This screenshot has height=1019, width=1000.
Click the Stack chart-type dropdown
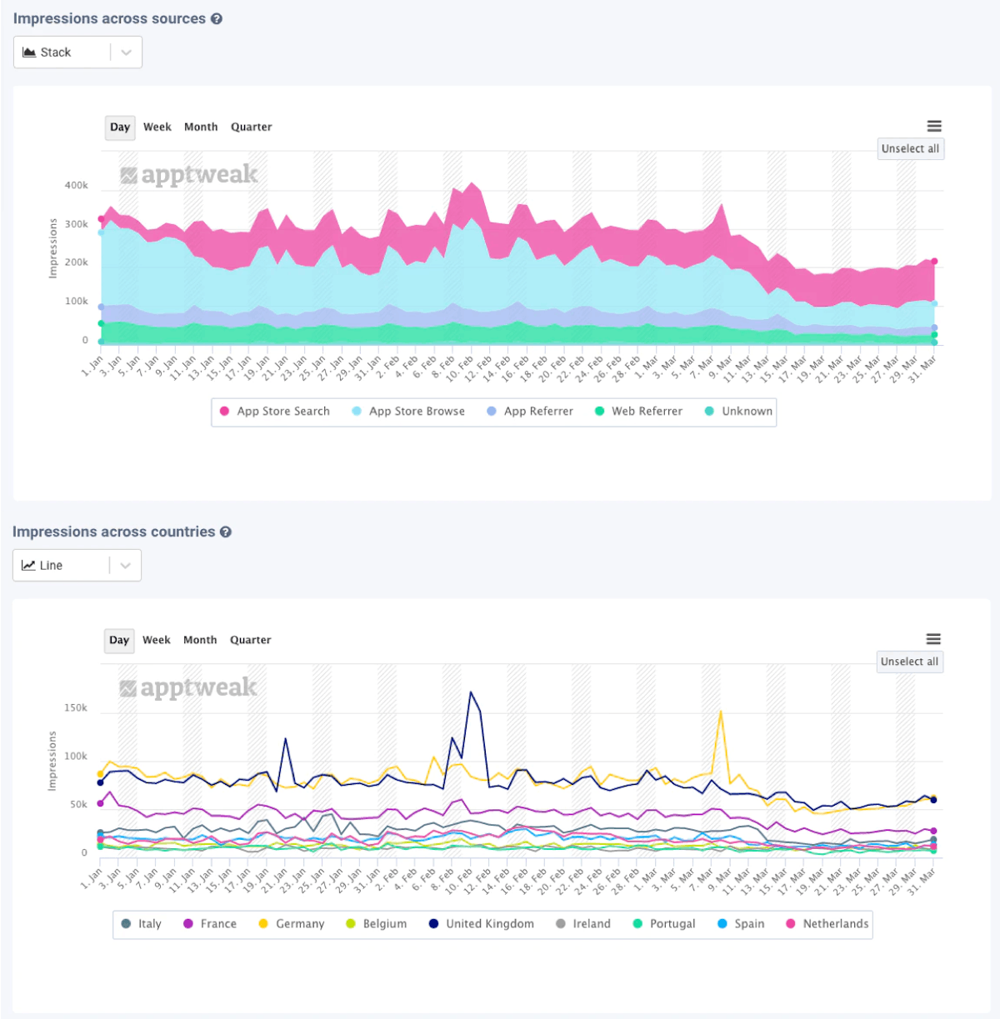[77, 52]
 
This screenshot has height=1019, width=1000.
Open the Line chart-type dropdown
[77, 566]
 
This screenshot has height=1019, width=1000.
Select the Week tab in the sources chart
[157, 127]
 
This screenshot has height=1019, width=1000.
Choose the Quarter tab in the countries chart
[250, 641]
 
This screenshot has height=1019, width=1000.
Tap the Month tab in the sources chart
[201, 127]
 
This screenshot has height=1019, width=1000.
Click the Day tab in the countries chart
[119, 641]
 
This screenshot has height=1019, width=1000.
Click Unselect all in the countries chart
[909, 662]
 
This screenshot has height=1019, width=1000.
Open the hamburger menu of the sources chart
[934, 127]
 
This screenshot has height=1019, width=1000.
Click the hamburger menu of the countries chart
[933, 639]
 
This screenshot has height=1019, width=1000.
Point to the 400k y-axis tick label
[77, 186]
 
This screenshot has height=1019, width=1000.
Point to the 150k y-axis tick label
[76, 708]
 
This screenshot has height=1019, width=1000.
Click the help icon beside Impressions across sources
[217, 19]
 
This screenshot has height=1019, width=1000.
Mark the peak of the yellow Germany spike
[721, 711]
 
